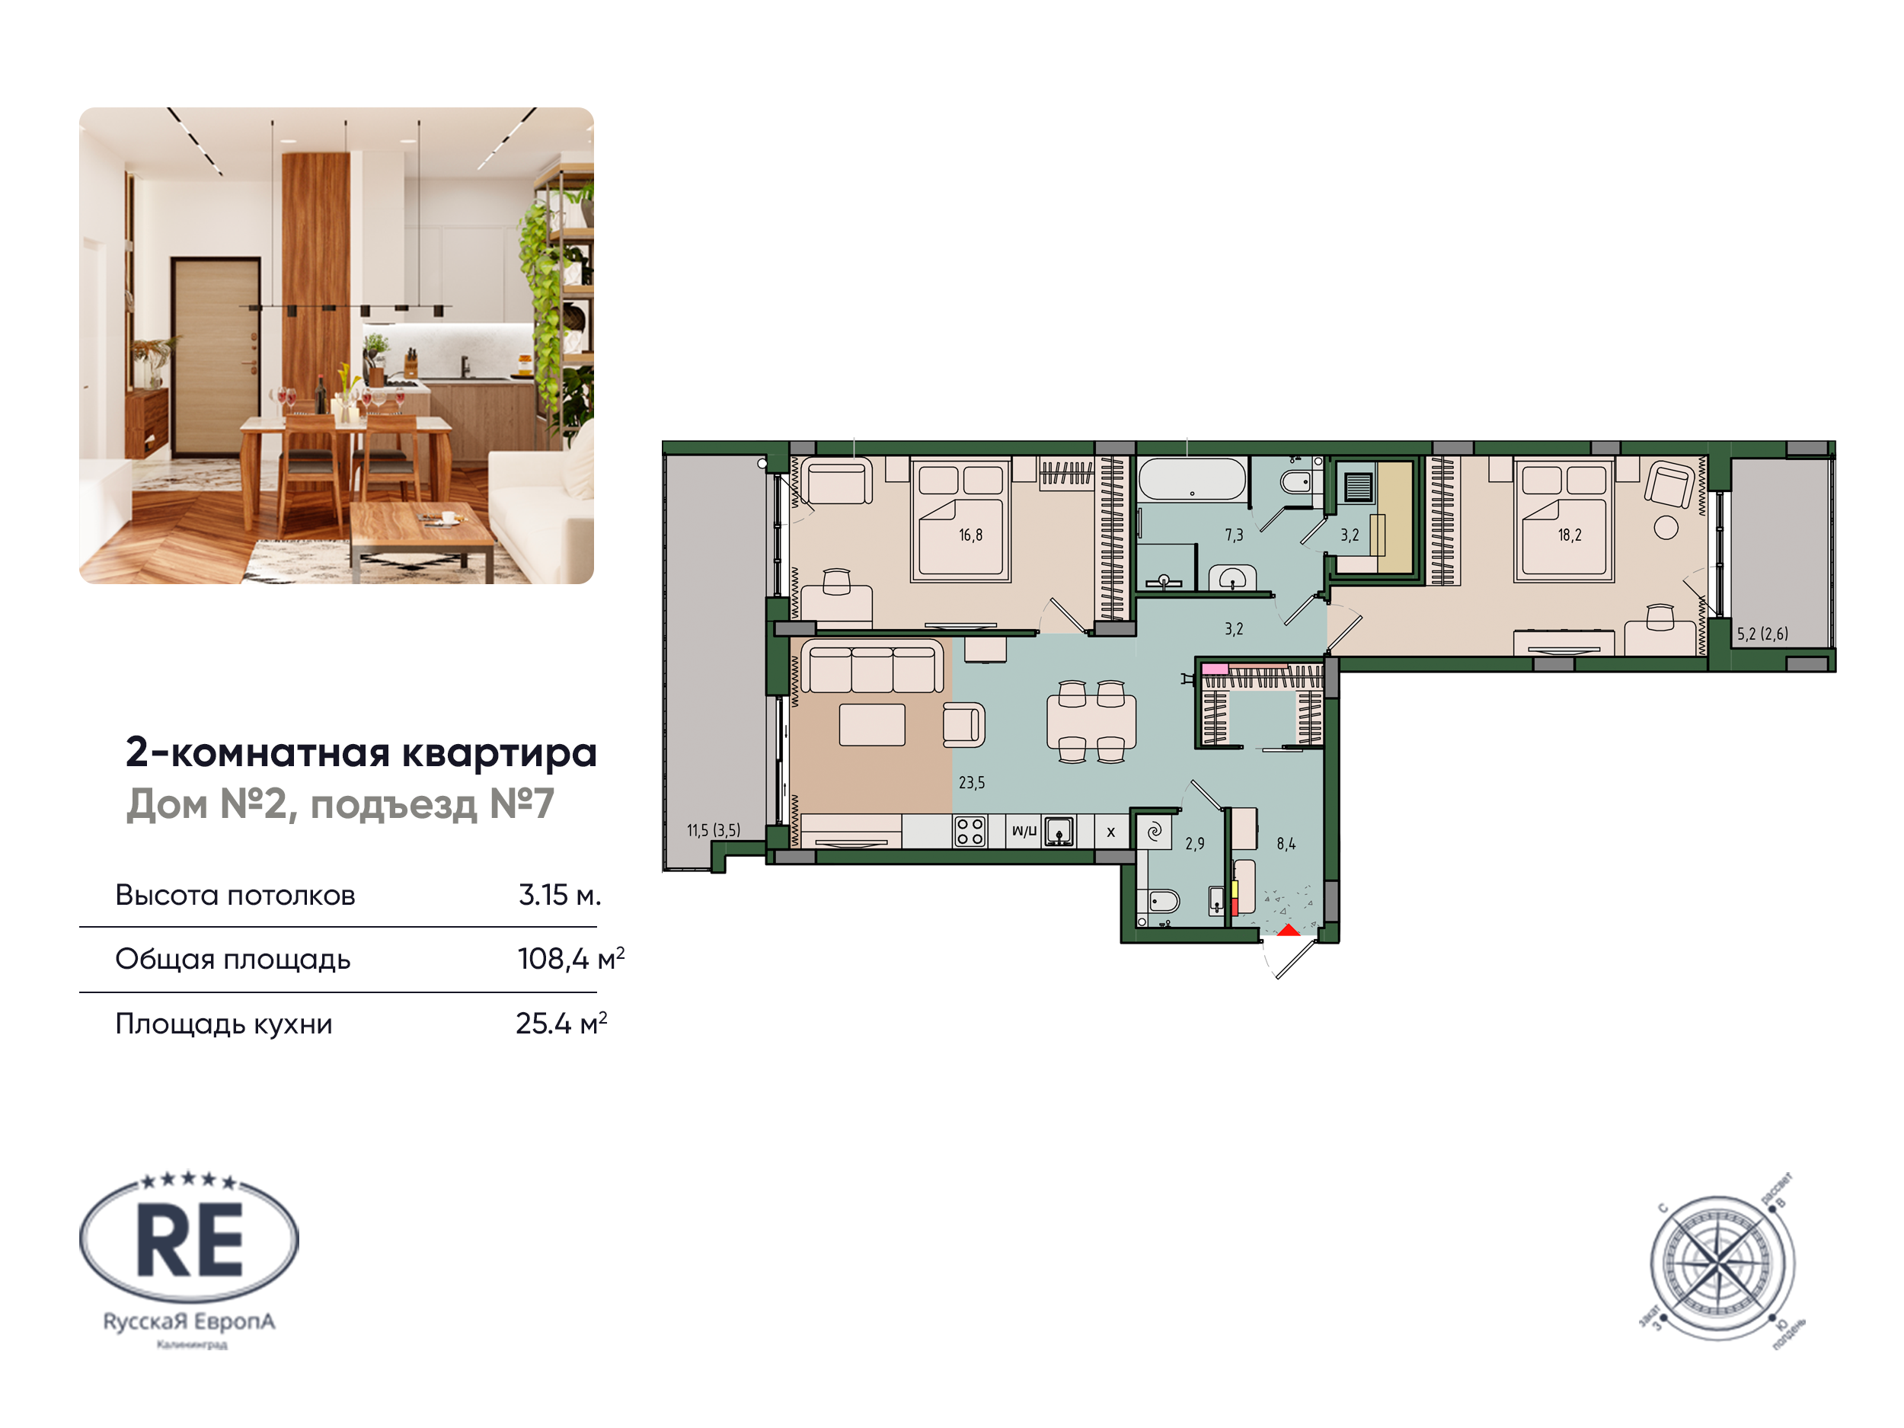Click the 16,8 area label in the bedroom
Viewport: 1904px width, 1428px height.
(970, 535)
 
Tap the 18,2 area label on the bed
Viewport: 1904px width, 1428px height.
(1569, 535)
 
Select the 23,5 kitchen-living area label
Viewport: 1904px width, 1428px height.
(972, 782)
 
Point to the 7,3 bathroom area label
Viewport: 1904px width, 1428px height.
(1234, 535)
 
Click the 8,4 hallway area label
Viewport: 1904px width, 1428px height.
(1286, 845)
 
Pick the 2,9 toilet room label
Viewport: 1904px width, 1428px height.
(1195, 845)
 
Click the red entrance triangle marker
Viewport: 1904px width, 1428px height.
(1289, 931)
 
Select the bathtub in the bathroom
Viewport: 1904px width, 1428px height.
(1192, 481)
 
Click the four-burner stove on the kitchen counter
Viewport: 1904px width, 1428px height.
(970, 832)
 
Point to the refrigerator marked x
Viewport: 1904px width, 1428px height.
(1110, 832)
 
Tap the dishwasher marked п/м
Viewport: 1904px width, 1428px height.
(1024, 832)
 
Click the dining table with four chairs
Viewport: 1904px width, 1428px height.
(1091, 721)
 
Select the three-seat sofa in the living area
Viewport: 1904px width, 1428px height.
(872, 666)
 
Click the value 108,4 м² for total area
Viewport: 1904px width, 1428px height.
(570, 959)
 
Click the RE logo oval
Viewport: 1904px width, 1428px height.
(190, 1239)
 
